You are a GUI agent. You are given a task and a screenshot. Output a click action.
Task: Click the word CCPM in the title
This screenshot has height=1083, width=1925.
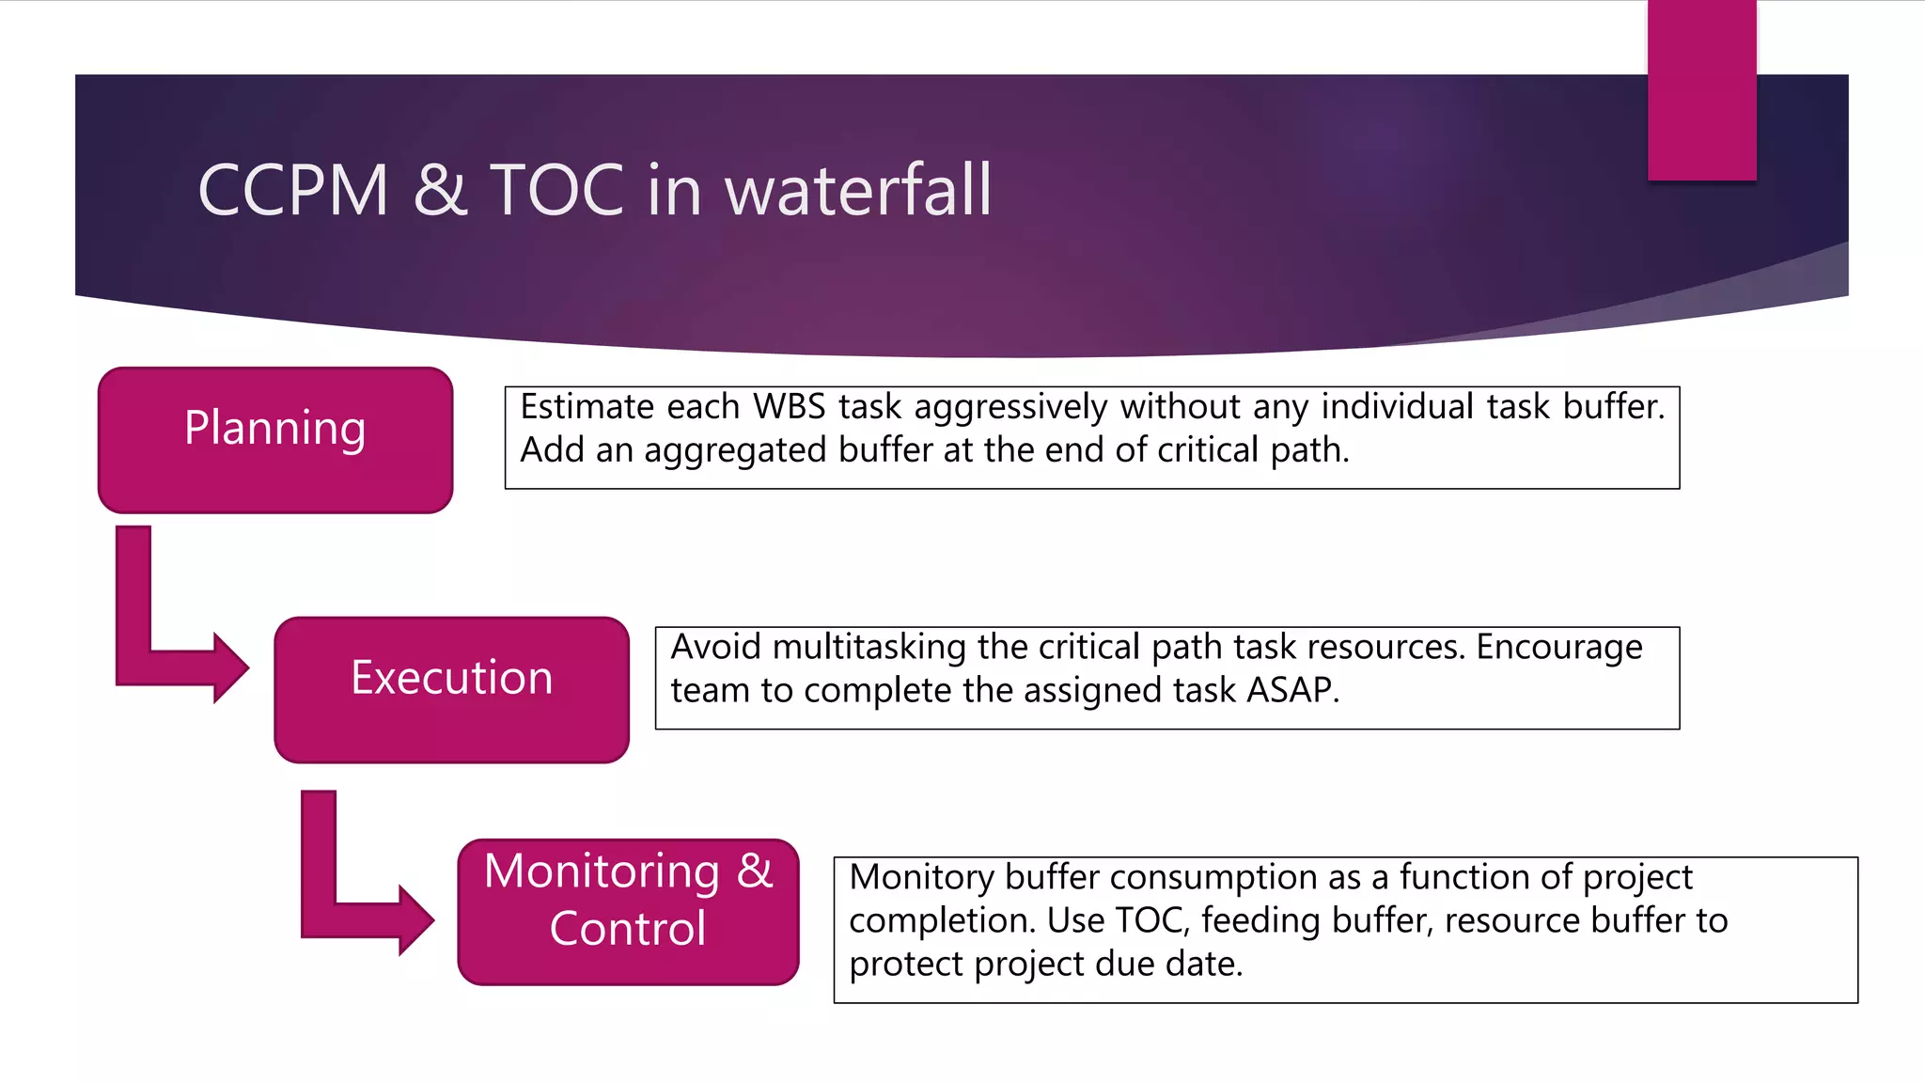[x=292, y=190]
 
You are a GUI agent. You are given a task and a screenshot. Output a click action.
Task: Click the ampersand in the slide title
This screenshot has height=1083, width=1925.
[x=439, y=190]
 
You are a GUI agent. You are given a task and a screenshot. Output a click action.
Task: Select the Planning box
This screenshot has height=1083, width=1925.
[x=274, y=440]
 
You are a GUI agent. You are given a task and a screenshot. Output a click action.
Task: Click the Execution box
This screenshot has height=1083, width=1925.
[x=451, y=689]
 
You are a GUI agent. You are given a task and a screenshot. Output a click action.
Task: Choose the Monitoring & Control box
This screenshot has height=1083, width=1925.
[x=628, y=912]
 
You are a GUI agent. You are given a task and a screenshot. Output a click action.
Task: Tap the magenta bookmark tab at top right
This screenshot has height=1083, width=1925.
[x=1701, y=89]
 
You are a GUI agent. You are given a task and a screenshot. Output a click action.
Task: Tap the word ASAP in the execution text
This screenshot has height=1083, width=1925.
[x=1291, y=690]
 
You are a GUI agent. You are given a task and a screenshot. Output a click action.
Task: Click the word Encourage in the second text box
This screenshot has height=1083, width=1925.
[x=1559, y=647]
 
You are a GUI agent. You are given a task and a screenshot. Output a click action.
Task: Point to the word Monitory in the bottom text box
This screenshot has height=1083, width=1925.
[x=921, y=877]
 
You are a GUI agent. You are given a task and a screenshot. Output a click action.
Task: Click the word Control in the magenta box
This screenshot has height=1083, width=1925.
[x=628, y=929]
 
